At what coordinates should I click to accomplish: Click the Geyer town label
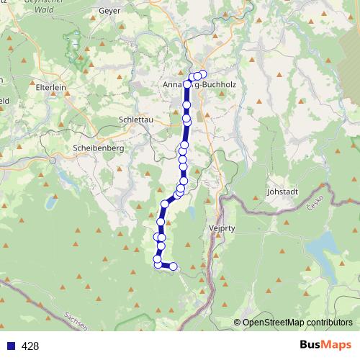tap(109, 11)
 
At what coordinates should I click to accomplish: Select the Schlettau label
tap(135, 120)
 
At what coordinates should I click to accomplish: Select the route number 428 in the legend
tap(30, 346)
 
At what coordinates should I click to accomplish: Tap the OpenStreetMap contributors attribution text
tap(297, 323)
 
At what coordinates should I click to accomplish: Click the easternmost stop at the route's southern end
tap(173, 267)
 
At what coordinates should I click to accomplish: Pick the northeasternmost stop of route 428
tap(202, 74)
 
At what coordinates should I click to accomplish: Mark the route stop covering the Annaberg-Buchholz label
tap(188, 84)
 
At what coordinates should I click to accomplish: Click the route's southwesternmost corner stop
tap(158, 265)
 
